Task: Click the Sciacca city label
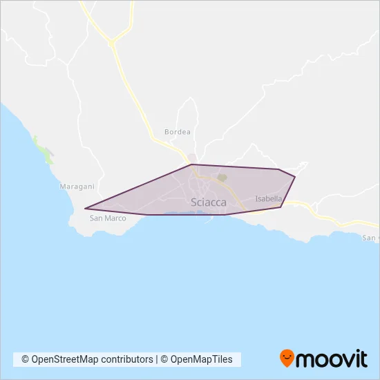[207, 202]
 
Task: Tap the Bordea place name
[177, 131]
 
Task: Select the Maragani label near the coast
[77, 187]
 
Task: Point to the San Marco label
[108, 218]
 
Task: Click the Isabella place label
[268, 199]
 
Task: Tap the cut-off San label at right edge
[371, 238]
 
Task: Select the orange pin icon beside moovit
[287, 359]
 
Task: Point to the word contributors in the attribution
[128, 359]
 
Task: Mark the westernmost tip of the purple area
[85, 208]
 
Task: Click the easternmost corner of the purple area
[295, 178]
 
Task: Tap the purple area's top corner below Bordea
[191, 164]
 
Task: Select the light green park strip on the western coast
[45, 153]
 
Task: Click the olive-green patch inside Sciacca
[222, 178]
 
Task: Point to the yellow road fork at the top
[111, 43]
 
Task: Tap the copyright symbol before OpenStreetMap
[25, 359]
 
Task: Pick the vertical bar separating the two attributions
[157, 359]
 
